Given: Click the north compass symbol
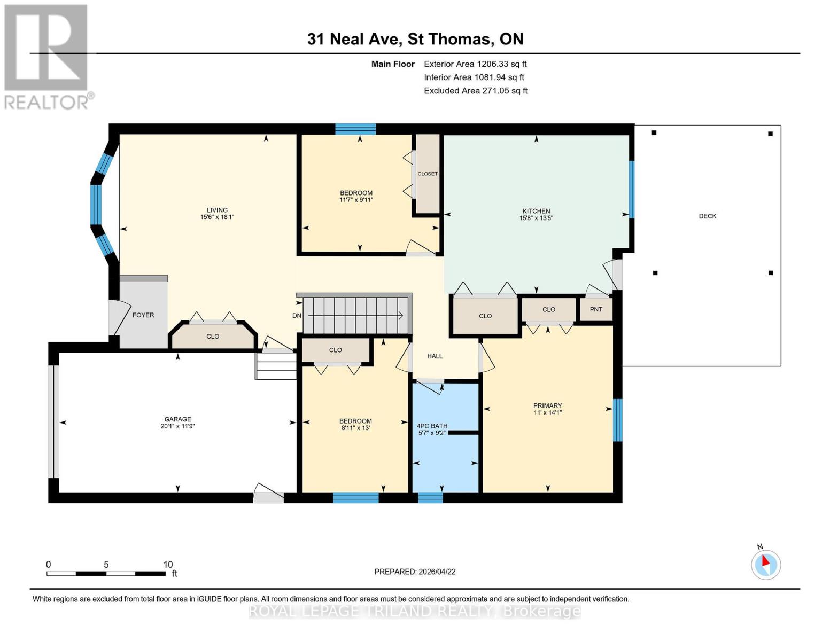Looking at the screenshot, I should (x=765, y=564).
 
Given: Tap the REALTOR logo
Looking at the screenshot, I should (x=46, y=56).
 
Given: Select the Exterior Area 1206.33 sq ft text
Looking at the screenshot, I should (x=475, y=64).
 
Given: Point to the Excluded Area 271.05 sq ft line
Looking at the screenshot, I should (x=475, y=91).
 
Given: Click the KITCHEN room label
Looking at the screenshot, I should (x=536, y=211).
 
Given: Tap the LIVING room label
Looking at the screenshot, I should (x=217, y=210).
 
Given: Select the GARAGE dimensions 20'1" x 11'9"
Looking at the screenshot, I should (x=177, y=427).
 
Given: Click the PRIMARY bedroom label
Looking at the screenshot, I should (x=547, y=405).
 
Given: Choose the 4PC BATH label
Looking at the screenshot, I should (x=432, y=426).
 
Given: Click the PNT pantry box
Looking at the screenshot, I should (x=596, y=310).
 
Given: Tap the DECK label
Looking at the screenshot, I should (x=707, y=216).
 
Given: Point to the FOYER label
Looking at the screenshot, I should (x=143, y=315).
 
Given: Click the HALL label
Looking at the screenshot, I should (x=435, y=356).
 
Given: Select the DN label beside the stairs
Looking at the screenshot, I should (x=297, y=316).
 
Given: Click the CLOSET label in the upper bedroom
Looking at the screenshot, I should (x=428, y=174).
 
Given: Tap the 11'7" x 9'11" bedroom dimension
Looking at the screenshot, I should (x=356, y=200).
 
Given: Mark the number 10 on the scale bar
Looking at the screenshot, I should (x=168, y=565).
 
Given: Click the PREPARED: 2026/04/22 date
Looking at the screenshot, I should (x=415, y=572).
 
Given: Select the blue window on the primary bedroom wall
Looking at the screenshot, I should (x=617, y=420).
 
